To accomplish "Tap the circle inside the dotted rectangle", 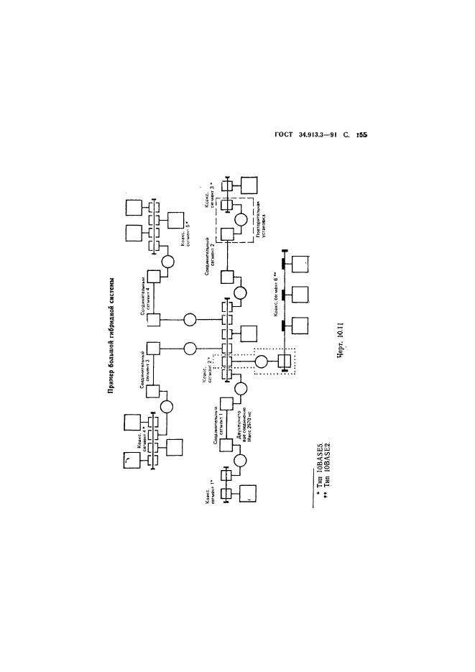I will click(x=262, y=361).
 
